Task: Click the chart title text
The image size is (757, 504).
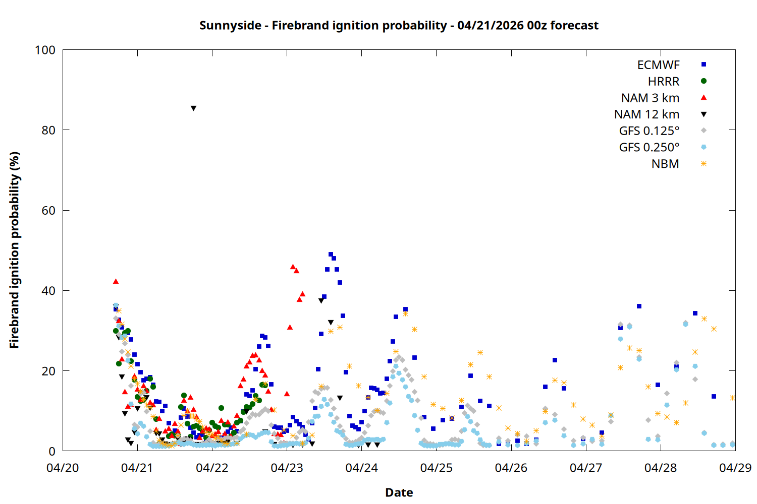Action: tap(399, 25)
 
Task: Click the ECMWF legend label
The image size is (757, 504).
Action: tap(658, 65)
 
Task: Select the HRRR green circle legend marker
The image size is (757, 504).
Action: tap(704, 81)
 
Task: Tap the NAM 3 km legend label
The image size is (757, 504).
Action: tap(650, 98)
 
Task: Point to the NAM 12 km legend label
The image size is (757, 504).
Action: tap(646, 114)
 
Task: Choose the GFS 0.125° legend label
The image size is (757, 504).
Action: tap(649, 131)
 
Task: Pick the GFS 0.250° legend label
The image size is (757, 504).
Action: tap(649, 148)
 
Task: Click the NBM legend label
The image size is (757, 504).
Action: tap(665, 164)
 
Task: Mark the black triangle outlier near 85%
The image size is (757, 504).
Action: tap(193, 108)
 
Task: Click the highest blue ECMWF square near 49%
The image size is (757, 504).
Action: tap(331, 255)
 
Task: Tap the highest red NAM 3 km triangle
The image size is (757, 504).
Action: tap(293, 267)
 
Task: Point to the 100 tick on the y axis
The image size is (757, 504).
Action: tap(45, 50)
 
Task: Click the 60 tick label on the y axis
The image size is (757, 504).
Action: tap(48, 211)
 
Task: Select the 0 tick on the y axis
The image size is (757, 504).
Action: tap(52, 452)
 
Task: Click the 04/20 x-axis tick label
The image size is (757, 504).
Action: tap(63, 468)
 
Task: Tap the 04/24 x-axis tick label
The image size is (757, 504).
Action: tap(361, 468)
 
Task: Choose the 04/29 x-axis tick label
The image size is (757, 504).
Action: tap(735, 468)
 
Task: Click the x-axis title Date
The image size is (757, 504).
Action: tap(399, 492)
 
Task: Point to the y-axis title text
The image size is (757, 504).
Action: tap(15, 250)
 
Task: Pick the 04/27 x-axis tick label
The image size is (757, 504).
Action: tap(585, 468)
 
